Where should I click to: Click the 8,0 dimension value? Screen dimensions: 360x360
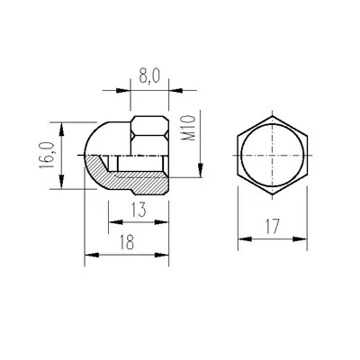[148, 76]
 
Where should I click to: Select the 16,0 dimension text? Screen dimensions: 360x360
[47, 155]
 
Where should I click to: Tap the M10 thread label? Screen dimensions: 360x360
[189, 128]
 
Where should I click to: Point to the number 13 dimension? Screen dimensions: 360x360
[139, 210]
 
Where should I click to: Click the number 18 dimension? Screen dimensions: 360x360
[127, 242]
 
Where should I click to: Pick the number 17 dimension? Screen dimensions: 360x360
[273, 227]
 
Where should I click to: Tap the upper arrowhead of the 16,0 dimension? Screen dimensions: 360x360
[61, 130]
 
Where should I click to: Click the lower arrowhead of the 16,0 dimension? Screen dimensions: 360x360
[61, 182]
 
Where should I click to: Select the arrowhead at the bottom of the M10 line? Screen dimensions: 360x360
[201, 170]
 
